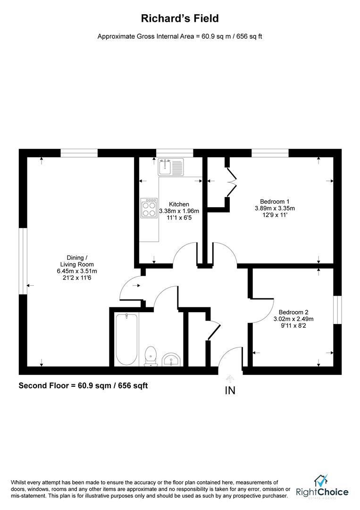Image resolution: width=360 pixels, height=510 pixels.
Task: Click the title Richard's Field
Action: [x=180, y=19]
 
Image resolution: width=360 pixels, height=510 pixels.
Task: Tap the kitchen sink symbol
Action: [x=170, y=167]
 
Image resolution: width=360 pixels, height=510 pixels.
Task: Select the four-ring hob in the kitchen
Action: [x=149, y=208]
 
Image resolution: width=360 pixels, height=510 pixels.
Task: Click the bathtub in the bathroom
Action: [x=126, y=339]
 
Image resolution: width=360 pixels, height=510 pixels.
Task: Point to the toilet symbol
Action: [x=151, y=355]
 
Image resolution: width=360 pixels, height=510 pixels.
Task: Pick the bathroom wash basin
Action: [x=170, y=360]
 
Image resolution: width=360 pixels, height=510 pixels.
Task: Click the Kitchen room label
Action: [x=179, y=204]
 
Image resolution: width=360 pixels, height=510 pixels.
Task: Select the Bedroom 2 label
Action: [x=293, y=312]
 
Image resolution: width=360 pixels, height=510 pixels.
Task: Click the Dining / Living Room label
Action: [x=74, y=261]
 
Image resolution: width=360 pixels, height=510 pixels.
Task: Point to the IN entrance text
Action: [x=230, y=391]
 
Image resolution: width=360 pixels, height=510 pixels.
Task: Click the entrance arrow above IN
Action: [x=230, y=378]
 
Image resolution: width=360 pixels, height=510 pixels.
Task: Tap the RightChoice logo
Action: [x=322, y=487]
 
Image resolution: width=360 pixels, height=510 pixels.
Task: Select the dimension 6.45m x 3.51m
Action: [x=74, y=271]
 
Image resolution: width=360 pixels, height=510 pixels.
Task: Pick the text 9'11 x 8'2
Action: [x=293, y=325]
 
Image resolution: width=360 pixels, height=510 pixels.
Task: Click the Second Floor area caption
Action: [x=83, y=386]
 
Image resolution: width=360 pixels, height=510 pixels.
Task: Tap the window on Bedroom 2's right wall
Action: [x=337, y=310]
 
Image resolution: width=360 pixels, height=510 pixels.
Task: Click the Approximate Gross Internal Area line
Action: [x=180, y=36]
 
